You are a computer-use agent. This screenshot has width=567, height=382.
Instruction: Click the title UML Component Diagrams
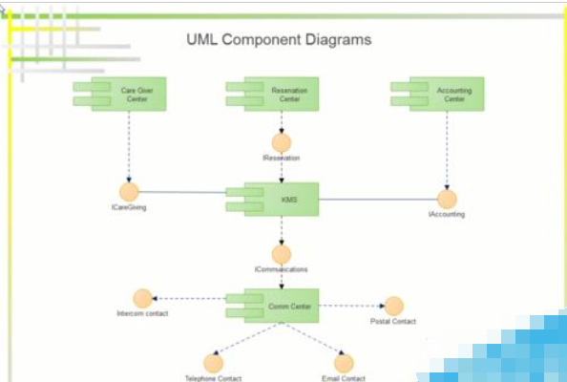click(x=278, y=40)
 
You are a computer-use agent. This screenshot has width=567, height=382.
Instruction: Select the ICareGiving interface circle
click(x=129, y=192)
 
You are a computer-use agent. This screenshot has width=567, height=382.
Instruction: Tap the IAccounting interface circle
click(x=447, y=199)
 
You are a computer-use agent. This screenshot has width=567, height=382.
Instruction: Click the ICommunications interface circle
click(x=282, y=255)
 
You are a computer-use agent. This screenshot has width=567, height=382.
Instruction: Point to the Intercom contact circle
click(x=143, y=298)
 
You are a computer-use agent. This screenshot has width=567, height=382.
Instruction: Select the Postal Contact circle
click(x=393, y=306)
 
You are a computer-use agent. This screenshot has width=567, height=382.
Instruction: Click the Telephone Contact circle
click(x=214, y=363)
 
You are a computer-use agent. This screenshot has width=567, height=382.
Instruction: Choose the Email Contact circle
click(x=344, y=363)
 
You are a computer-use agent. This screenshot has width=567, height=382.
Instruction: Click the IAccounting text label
click(x=446, y=215)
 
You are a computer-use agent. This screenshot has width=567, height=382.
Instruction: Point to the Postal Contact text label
click(x=392, y=322)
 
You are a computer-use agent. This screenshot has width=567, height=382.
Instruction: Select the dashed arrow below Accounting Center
click(x=447, y=149)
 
